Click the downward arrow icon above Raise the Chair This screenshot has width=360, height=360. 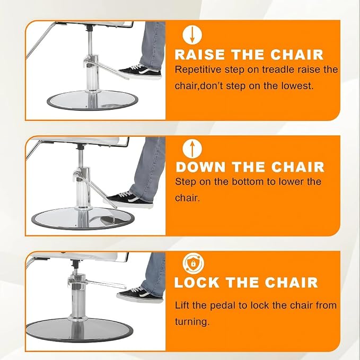(192, 35)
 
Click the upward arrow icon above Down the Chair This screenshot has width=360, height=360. (192, 148)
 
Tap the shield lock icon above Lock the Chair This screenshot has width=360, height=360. (193, 264)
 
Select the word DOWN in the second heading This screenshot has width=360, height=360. (200, 167)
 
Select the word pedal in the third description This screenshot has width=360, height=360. (223, 305)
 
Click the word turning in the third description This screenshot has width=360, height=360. (192, 322)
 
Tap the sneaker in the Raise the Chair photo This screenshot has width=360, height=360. (140, 72)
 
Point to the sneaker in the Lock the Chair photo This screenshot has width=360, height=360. (140, 295)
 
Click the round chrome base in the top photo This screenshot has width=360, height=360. (93, 100)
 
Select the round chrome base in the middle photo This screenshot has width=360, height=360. (83, 218)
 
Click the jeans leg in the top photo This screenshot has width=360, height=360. (153, 46)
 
